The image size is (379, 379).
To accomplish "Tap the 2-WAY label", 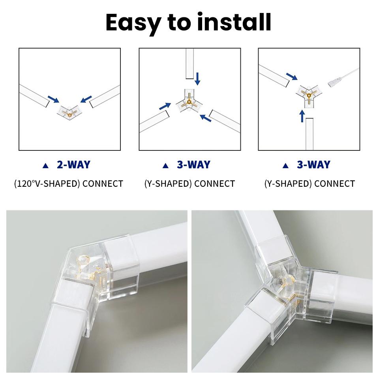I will click(73, 165).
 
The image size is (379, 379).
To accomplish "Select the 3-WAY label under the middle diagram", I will click(193, 165).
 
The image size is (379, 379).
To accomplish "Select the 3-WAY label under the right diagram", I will click(313, 165).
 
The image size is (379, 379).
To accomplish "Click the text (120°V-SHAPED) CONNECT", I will click(69, 184).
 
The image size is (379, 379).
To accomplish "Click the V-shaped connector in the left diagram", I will click(69, 112).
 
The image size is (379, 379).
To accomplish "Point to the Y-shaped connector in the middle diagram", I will click(189, 102).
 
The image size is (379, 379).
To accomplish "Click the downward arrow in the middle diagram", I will click(197, 78).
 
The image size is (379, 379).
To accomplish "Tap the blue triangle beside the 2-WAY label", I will click(46, 165).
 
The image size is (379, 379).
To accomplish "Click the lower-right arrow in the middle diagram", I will click(205, 118).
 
